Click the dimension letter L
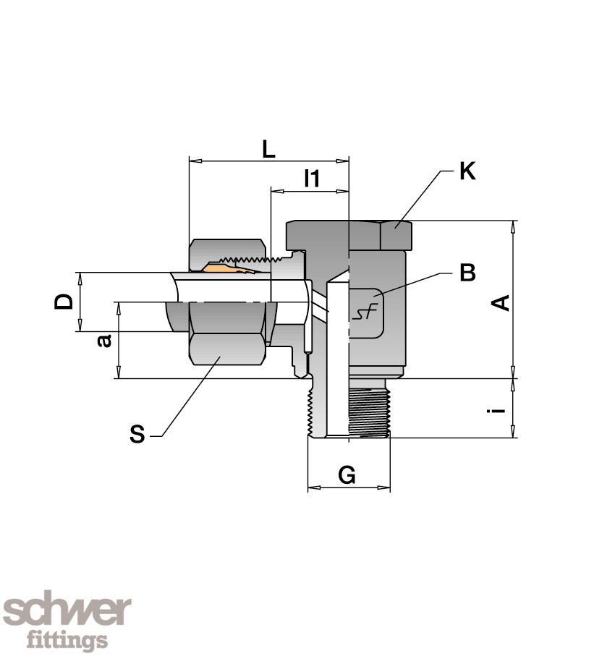(268, 150)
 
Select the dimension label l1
(312, 179)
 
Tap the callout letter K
(467, 171)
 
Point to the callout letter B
(467, 273)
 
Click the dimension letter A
(500, 302)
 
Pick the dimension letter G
(347, 475)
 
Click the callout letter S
(137, 434)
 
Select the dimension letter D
(64, 302)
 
